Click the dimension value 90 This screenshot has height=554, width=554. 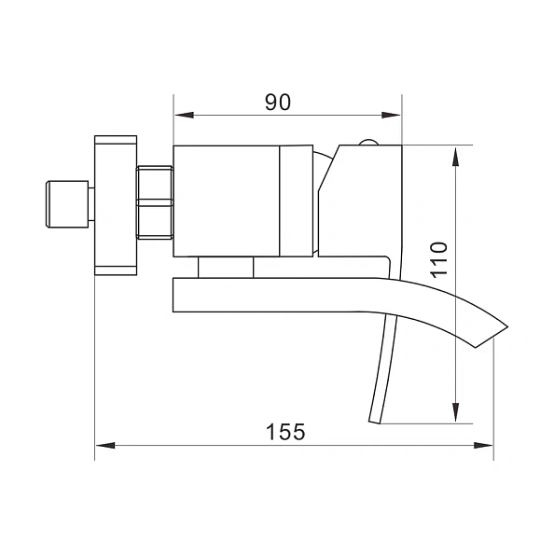(x=277, y=101)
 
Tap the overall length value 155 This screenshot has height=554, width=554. (x=285, y=432)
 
